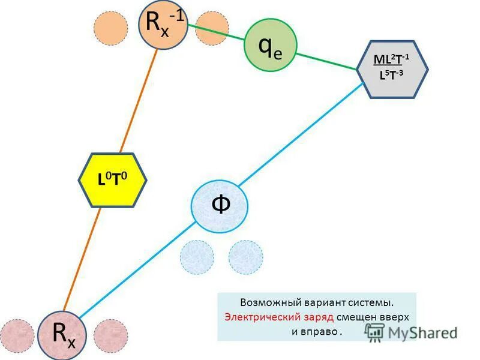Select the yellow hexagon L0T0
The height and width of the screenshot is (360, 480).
(x=113, y=180)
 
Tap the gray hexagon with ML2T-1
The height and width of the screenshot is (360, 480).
(x=392, y=69)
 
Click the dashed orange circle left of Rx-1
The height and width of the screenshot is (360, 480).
(x=111, y=28)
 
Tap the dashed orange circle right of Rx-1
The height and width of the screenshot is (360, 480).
(x=212, y=28)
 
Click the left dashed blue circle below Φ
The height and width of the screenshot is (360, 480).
(x=197, y=257)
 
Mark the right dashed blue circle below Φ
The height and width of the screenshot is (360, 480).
(x=245, y=257)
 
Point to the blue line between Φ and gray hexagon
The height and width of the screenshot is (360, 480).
(x=300, y=134)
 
